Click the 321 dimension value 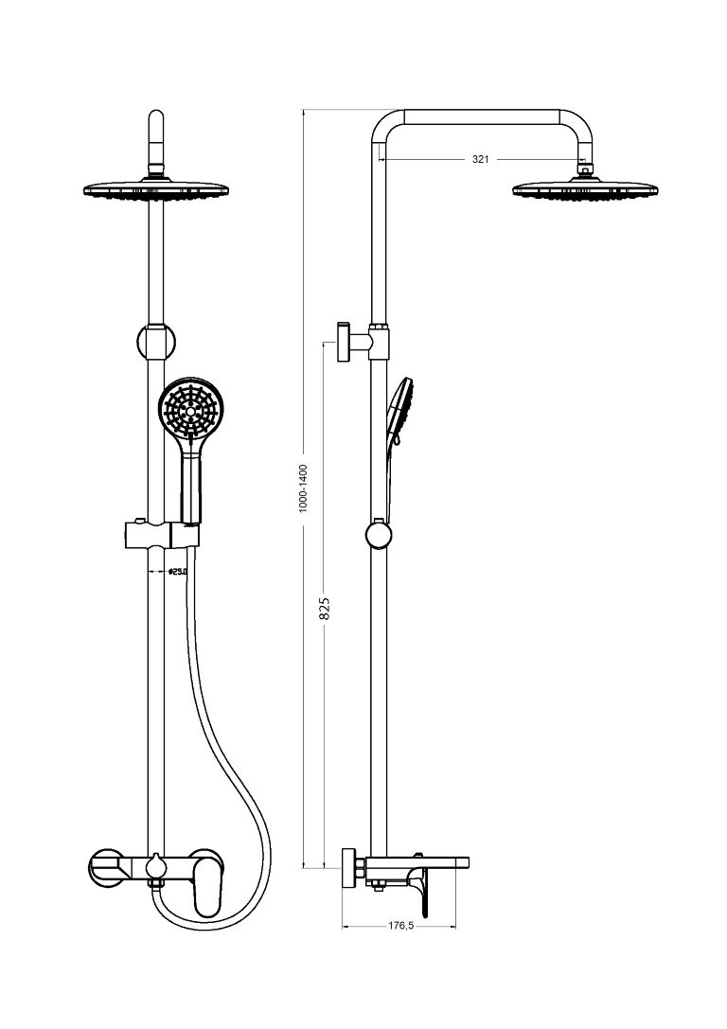click(480, 159)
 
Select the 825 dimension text click(325, 609)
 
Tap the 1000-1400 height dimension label click(303, 488)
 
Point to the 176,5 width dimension click(400, 926)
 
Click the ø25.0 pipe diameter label click(178, 572)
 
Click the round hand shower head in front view click(195, 411)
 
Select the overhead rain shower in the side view click(585, 189)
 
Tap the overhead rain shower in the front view click(157, 189)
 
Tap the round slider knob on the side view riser click(379, 535)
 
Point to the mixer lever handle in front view click(206, 890)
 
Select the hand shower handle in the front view click(192, 488)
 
